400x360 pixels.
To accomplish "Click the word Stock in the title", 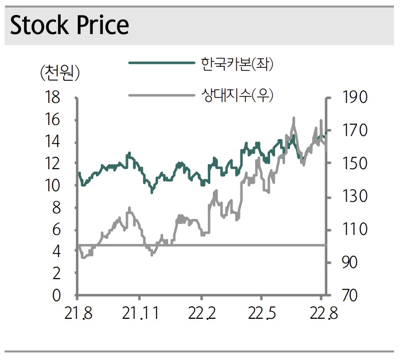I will point(39,25).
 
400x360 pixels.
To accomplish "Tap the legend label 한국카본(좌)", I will point(237,64).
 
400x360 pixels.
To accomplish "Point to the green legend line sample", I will point(161,63).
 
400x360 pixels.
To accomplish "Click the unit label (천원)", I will point(60,74).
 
